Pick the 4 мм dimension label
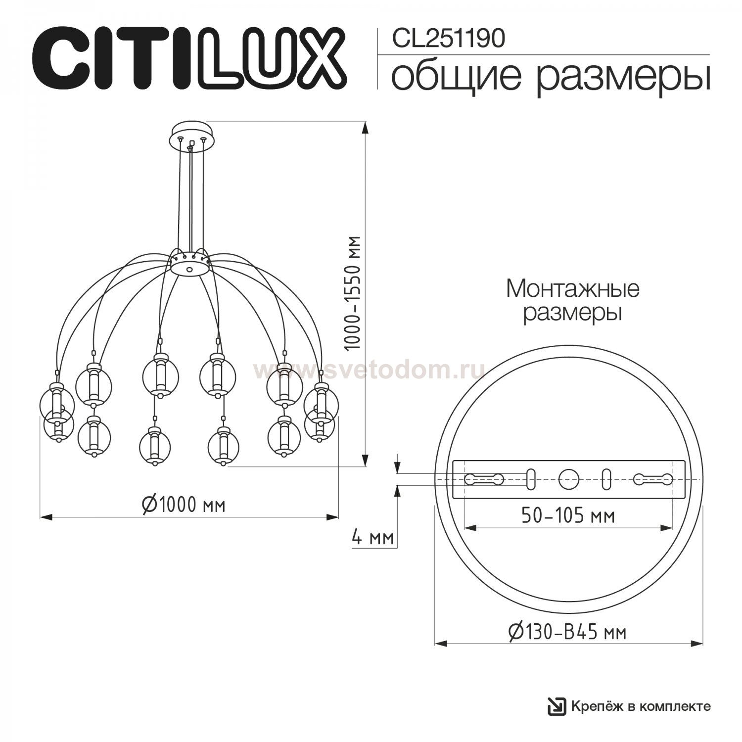tap(372, 537)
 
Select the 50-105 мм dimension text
tap(568, 516)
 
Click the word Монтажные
tap(573, 289)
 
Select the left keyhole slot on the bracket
tap(484, 479)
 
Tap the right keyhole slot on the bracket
tap(653, 479)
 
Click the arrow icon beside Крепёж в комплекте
tap(556, 706)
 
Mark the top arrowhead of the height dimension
tap(366, 128)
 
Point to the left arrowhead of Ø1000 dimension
tap(46, 517)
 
